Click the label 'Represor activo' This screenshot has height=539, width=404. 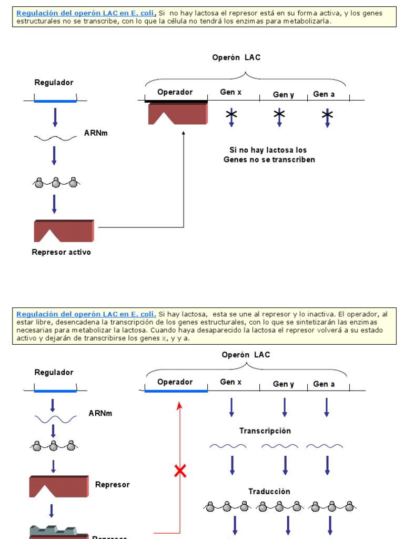point(61,252)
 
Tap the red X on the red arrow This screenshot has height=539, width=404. point(180,472)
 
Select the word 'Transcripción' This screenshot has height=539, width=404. point(265,431)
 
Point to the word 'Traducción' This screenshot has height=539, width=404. point(269,491)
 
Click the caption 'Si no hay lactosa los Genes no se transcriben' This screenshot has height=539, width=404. point(269,155)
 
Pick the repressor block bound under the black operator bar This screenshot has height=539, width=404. point(177,114)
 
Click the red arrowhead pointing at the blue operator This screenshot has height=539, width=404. point(180,405)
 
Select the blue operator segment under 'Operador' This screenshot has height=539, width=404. point(176,391)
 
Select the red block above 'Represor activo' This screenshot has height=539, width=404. point(64,231)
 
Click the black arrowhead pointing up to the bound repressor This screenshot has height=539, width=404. point(184,134)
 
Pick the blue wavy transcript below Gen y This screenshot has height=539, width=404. point(279,446)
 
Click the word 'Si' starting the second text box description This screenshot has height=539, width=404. point(162,314)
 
